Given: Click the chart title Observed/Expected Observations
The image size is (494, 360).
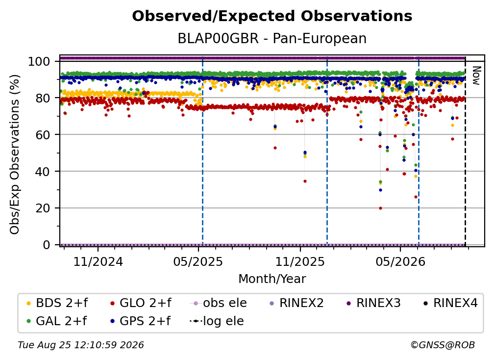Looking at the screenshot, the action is (272, 16).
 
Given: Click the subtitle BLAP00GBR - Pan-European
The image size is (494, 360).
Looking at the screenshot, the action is (272, 39).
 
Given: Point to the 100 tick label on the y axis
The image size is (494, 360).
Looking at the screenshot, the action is (39, 61).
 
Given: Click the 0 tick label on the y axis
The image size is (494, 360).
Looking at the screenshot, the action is (47, 245).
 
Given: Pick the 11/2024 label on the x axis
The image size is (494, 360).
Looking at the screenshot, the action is (98, 262).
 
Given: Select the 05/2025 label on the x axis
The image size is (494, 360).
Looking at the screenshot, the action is (198, 262).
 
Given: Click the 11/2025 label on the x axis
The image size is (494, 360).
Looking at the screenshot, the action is (300, 262).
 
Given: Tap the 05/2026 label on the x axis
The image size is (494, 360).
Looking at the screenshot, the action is (400, 262).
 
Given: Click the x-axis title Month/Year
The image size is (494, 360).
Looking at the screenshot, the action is (272, 279).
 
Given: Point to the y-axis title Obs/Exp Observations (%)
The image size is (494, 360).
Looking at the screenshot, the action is (15, 154).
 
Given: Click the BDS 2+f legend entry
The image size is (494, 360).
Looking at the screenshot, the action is (57, 303).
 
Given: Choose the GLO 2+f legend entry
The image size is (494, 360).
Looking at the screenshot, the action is (141, 303).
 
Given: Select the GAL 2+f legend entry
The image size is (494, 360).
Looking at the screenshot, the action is (57, 321).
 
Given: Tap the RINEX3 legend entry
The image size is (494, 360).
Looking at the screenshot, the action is (373, 303).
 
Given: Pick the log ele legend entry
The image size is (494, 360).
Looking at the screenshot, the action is (217, 321).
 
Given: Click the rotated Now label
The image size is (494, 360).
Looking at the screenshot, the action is (476, 76).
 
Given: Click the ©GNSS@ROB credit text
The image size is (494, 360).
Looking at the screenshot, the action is (443, 345).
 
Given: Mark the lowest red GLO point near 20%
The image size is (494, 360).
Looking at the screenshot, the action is (380, 208).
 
